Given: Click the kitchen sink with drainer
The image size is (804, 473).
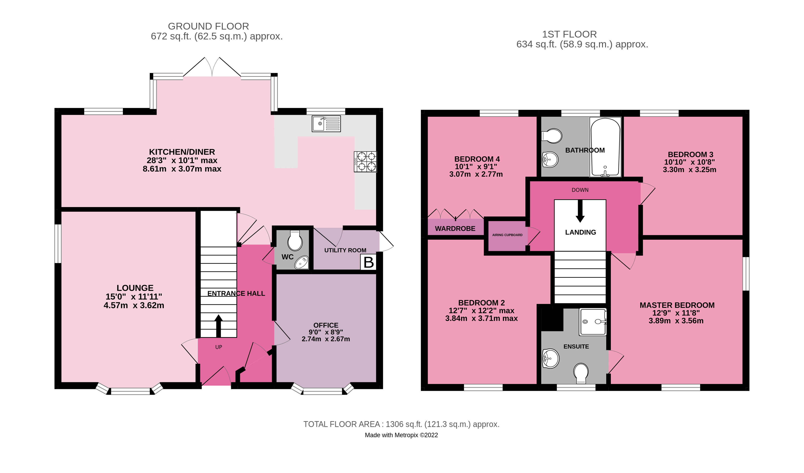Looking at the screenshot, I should coord(326,124).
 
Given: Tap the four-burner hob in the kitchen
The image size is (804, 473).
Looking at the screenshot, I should coord(365,162).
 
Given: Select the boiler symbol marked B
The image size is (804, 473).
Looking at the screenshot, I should coord(368,262).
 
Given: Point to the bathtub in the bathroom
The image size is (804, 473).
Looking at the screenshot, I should coord(605,147).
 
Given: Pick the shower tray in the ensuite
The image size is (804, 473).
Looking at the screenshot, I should coord(593,322).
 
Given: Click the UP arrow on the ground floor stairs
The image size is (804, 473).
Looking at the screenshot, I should coord(218,325).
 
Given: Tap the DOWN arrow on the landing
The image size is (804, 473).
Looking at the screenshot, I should coord(580,210).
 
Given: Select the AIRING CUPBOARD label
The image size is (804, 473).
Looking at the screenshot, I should coord(507,235).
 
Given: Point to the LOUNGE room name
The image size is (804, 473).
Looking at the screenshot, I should coord(135,288).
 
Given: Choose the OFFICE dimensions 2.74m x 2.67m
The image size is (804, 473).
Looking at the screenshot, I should coord(326,339).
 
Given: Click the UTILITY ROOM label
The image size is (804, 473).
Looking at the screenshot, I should coord(345,250).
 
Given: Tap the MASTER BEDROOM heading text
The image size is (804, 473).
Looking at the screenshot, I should coord(677,305).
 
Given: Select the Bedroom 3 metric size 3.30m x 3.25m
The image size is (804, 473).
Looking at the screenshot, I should coord(689,170).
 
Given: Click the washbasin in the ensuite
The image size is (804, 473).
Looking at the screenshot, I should coord(551,358).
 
